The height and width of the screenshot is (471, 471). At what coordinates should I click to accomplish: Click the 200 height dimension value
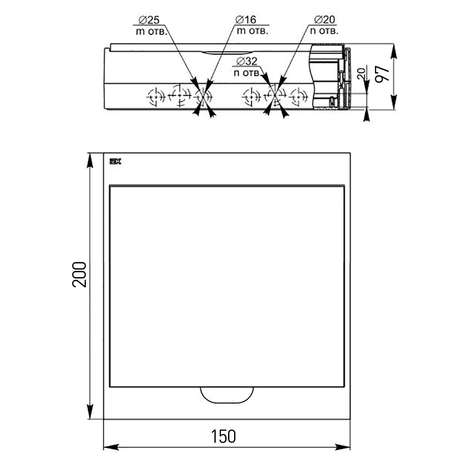point(79,275)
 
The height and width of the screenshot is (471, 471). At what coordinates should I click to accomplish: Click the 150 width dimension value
point(223,437)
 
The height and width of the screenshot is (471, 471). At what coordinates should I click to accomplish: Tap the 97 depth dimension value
point(382,74)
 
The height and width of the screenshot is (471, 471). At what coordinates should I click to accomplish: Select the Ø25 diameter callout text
point(149,20)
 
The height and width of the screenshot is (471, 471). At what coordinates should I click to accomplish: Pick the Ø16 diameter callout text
point(246,20)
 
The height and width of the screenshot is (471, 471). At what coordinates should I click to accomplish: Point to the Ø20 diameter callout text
point(325,20)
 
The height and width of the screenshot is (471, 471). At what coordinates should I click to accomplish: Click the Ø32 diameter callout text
point(247,61)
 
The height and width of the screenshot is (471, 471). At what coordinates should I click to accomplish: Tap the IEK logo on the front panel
point(115,162)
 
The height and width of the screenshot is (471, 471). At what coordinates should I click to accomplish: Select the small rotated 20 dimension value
point(361,73)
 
